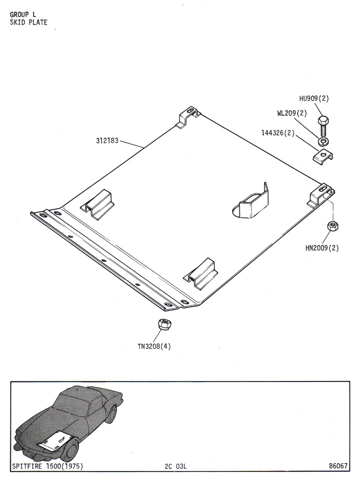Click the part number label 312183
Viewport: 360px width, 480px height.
point(107,141)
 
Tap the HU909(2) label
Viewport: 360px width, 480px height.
point(314,98)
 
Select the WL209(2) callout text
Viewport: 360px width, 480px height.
point(292,113)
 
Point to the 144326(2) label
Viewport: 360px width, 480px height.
point(277,133)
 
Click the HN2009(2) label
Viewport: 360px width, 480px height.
point(322,248)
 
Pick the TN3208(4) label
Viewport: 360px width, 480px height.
point(154,346)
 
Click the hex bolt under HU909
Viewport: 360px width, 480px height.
point(323,126)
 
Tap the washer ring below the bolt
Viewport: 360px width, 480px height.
point(323,141)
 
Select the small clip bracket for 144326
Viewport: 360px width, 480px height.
point(322,156)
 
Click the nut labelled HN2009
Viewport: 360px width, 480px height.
point(333,226)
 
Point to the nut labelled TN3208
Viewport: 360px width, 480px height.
point(164,324)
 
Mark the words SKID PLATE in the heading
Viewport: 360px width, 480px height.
point(29,22)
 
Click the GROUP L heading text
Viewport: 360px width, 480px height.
point(23,14)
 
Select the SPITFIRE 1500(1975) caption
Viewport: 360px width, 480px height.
point(47,466)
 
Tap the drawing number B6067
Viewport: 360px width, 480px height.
point(338,466)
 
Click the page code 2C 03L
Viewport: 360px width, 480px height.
point(175,466)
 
